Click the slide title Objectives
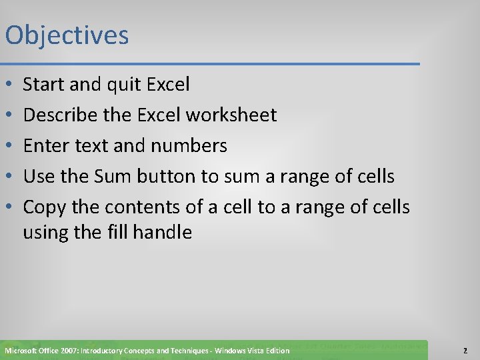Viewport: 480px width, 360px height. tap(67, 36)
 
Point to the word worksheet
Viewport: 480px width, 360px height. tap(231, 115)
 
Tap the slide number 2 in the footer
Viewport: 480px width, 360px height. tap(465, 351)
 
